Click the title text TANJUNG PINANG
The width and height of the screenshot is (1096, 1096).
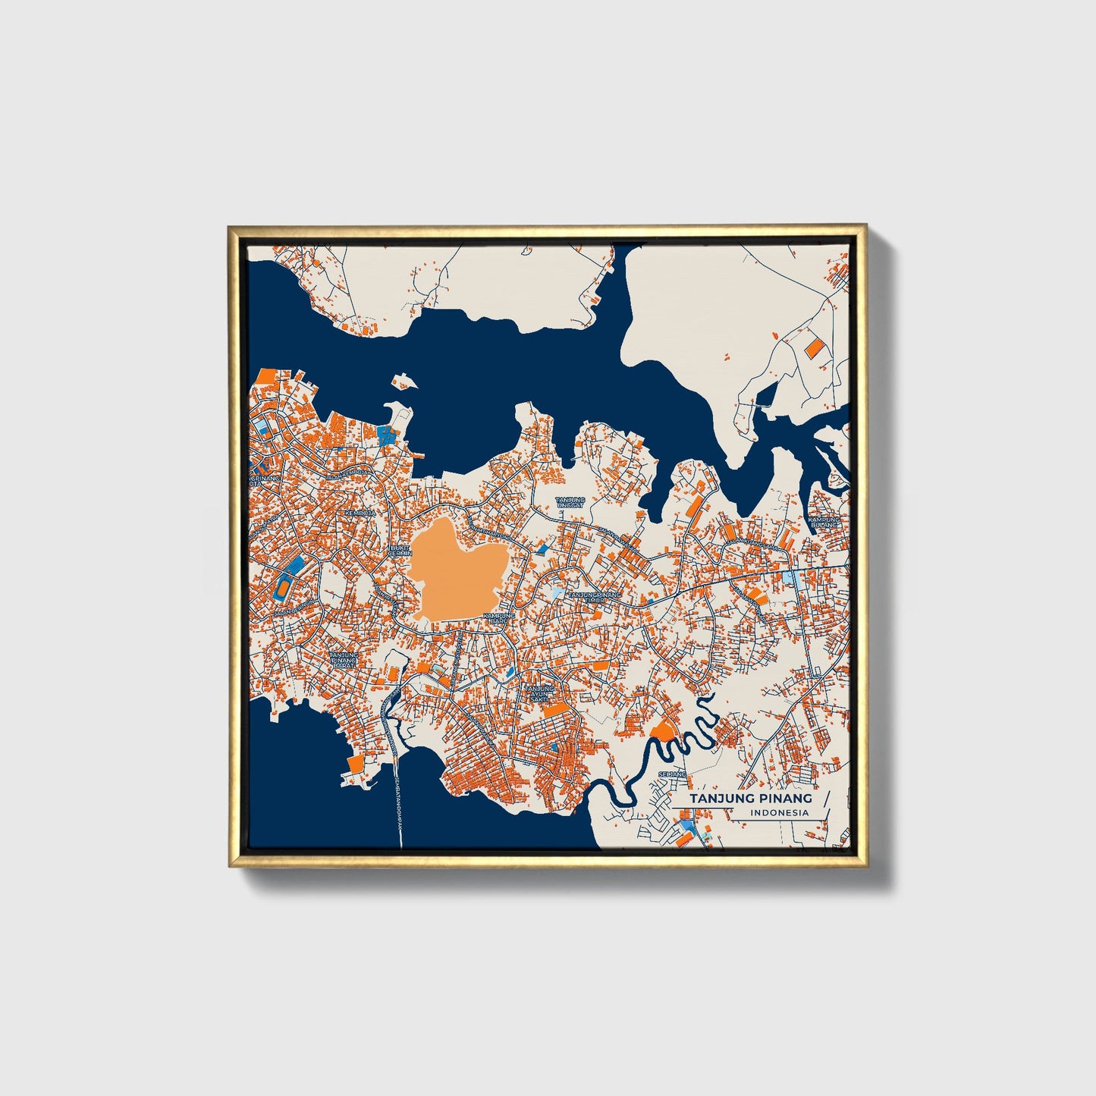tap(750, 799)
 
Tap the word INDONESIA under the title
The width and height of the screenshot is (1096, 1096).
tap(780, 812)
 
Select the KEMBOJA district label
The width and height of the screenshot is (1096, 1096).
tap(360, 513)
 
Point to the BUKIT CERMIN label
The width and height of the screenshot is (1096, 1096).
tap(400, 550)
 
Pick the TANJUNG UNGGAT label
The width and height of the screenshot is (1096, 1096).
tap(570, 503)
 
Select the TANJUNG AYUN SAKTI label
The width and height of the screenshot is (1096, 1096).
tap(539, 693)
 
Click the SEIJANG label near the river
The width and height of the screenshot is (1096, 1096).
tap(672, 774)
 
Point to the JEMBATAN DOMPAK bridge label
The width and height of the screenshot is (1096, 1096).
tap(399, 804)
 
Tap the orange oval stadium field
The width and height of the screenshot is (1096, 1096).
tap(283, 588)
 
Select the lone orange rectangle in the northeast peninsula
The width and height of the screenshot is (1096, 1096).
tap(813, 348)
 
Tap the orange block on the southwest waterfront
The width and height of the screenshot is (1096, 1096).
tap(353, 763)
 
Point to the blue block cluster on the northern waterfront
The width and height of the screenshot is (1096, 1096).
tap(387, 434)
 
